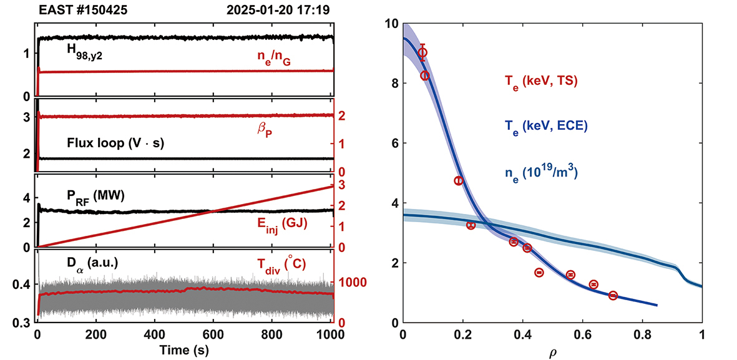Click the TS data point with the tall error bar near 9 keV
(422, 53)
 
